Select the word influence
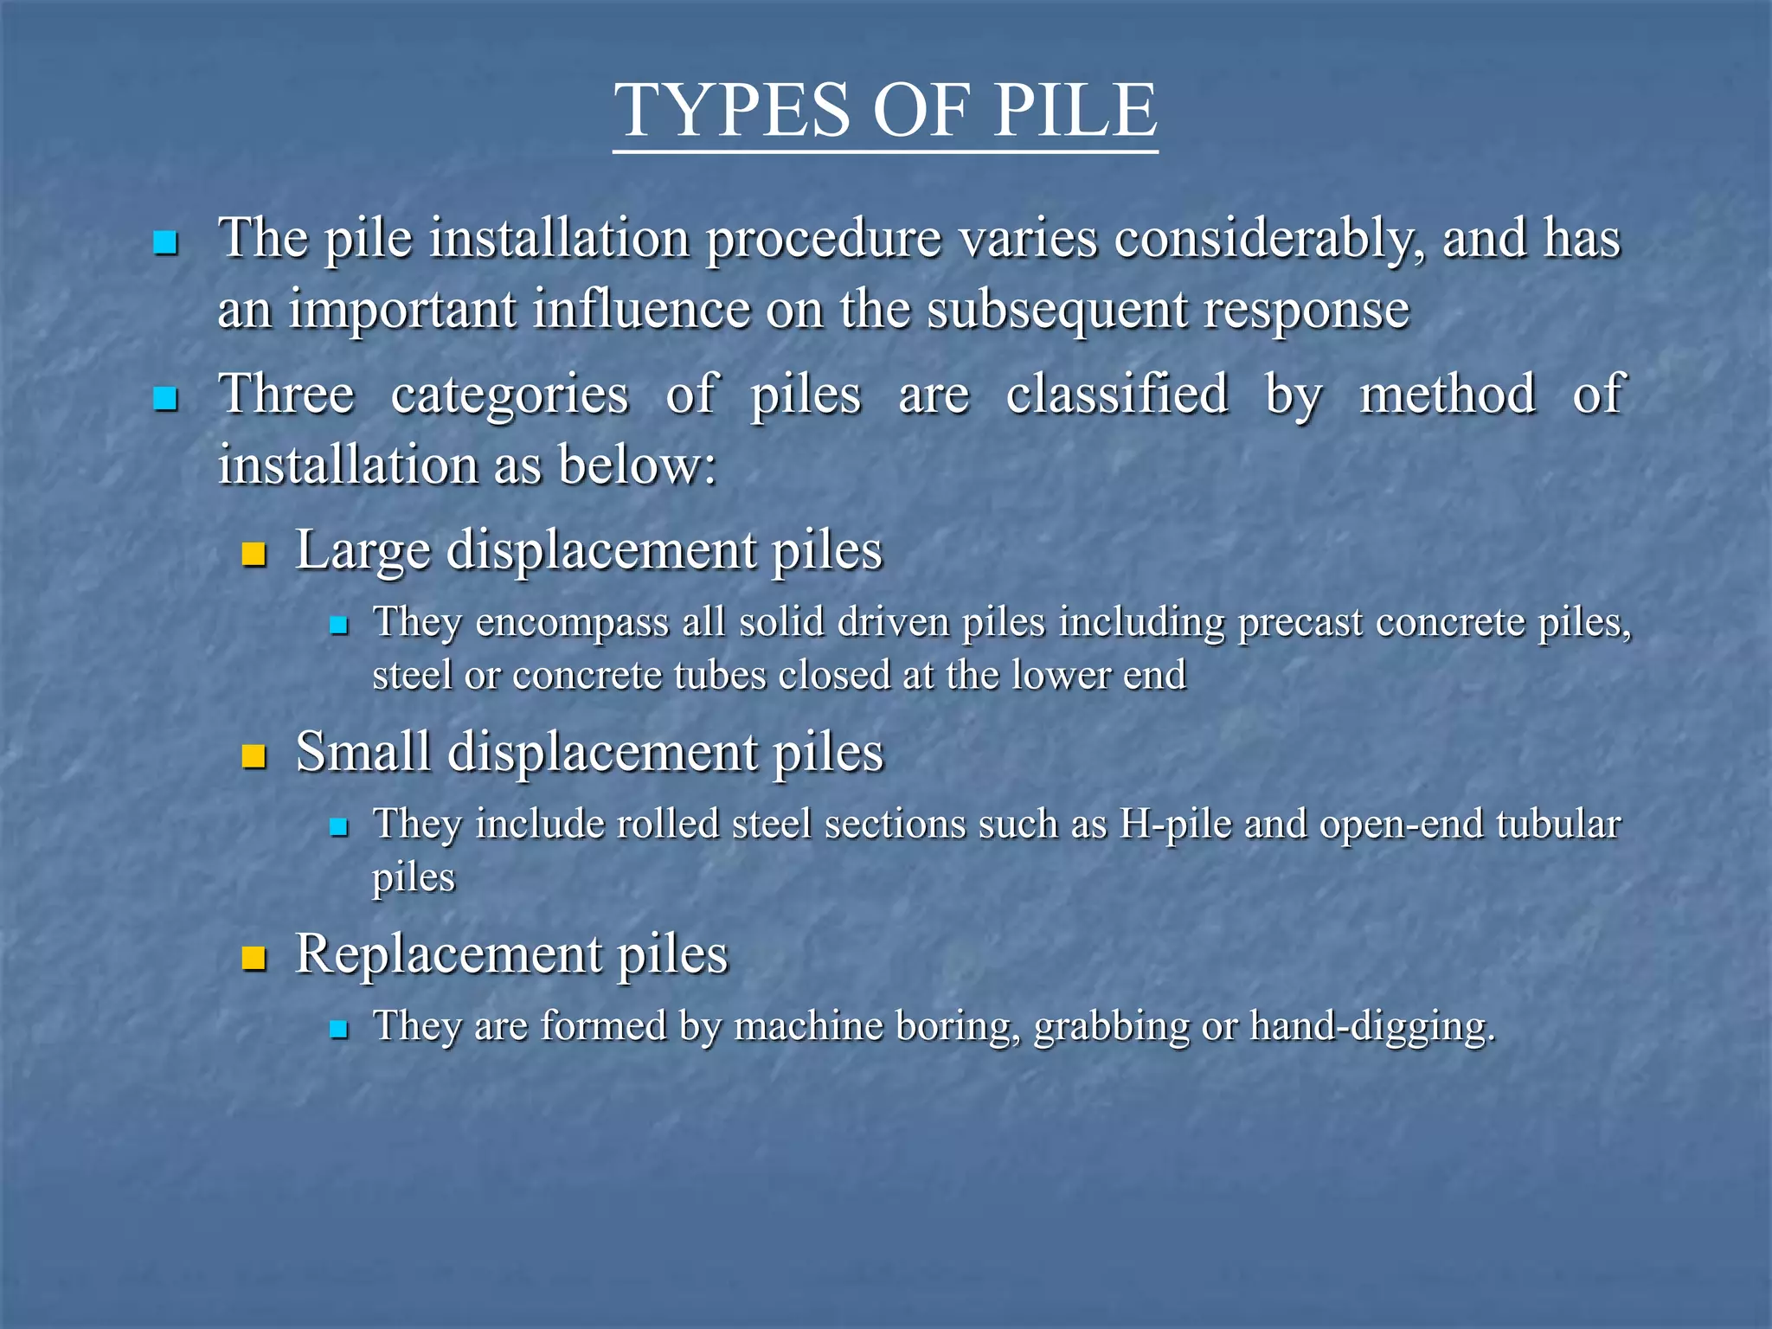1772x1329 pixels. coord(641,309)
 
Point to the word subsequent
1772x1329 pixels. coord(1056,311)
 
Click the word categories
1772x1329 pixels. coord(510,395)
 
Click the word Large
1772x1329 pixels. coord(363,550)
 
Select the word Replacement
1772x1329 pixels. coord(447,954)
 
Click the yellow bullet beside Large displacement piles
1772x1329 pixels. coord(254,554)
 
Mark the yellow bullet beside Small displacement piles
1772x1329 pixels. coord(254,756)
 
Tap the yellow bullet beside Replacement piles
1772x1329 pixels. coord(254,959)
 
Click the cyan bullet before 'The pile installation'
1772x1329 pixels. coord(164,242)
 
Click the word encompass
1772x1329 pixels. coord(572,623)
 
